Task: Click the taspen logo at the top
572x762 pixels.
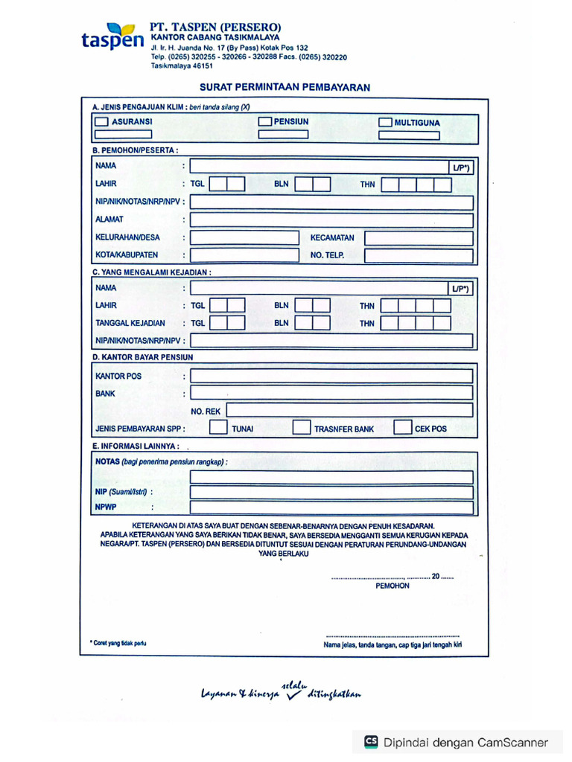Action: (x=112, y=38)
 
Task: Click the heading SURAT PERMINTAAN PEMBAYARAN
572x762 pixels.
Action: (x=285, y=87)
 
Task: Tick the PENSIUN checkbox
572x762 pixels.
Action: (x=264, y=121)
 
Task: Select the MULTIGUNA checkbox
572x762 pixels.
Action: (x=385, y=122)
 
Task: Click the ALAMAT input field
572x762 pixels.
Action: (x=331, y=220)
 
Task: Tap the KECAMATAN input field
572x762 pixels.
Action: (x=419, y=238)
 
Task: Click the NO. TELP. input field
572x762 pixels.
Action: (x=419, y=256)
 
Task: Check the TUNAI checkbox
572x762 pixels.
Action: (x=218, y=428)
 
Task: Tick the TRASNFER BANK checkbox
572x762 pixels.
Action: (x=301, y=428)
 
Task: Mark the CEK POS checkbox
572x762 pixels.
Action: (x=402, y=428)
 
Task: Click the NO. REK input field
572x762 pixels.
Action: (x=349, y=410)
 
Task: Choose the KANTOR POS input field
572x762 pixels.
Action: (x=331, y=376)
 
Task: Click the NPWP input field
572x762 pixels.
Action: (x=331, y=508)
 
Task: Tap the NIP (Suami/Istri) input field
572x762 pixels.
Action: (x=331, y=492)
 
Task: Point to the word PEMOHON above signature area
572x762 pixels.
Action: (x=393, y=586)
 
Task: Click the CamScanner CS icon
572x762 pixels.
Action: (x=371, y=742)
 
